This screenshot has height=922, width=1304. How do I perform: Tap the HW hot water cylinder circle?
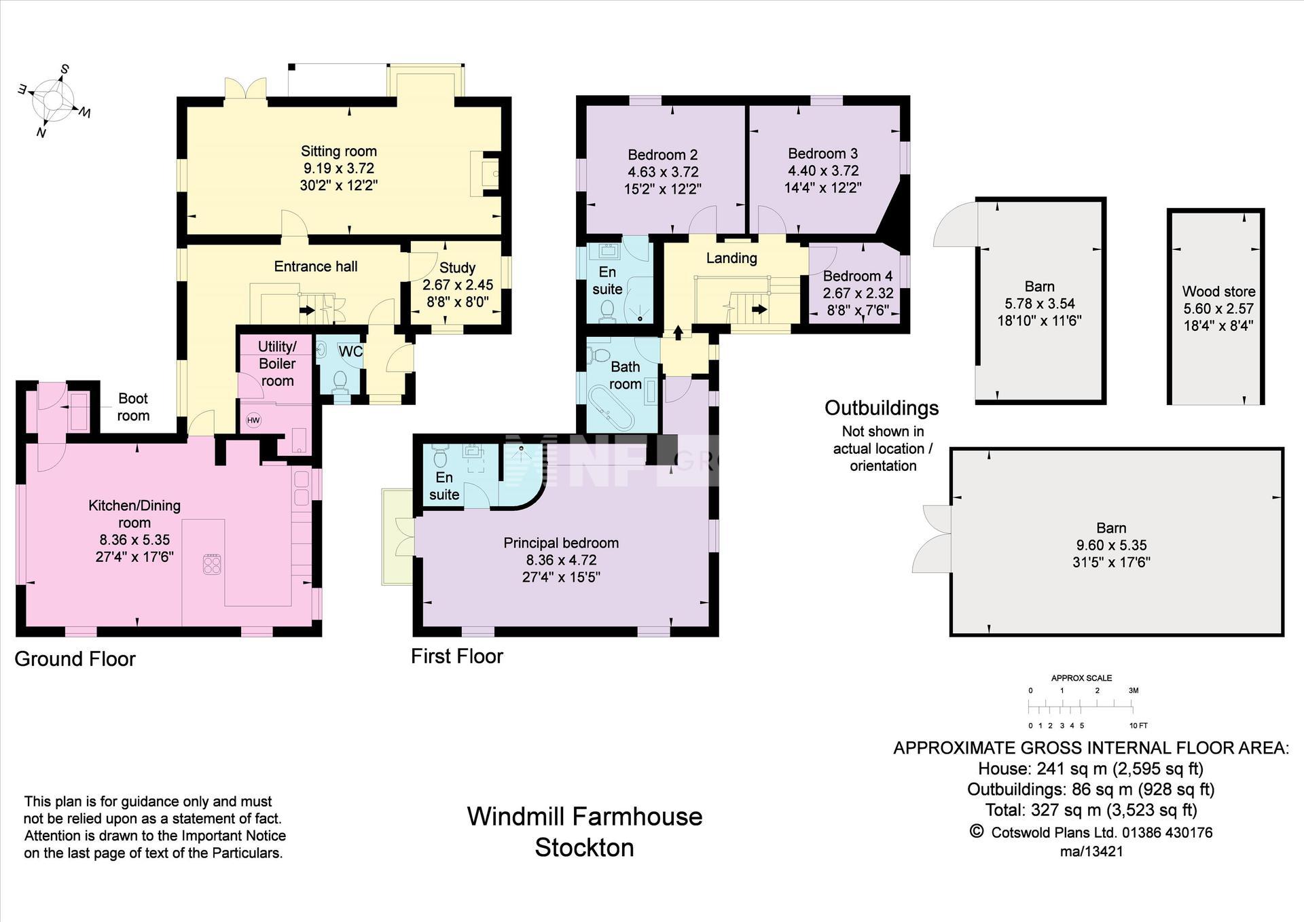coord(253,421)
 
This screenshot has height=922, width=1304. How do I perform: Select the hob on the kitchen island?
coord(212,564)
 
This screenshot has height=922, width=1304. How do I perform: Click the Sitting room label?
coord(339,152)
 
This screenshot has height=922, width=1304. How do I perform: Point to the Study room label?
coord(457,268)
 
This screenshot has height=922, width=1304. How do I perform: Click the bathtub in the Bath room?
coord(612,408)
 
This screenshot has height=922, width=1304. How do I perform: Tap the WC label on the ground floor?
coord(350,351)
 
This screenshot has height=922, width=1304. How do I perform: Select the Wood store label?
coord(1218,291)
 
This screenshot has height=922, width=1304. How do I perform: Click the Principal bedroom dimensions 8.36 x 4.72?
coord(561,561)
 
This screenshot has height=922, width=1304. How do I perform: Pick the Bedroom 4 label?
coord(858,276)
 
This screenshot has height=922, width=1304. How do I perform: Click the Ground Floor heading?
coord(75,659)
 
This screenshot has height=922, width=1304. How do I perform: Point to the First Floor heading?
coord(457,656)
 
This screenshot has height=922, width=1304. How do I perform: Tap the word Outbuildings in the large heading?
coord(882,408)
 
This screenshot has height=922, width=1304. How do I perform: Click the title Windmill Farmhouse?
coord(585,816)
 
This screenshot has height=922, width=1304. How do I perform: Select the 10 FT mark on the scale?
coord(1138,726)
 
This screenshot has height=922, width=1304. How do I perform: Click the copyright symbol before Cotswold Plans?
coord(977,831)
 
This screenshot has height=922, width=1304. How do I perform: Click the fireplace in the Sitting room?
coord(485,174)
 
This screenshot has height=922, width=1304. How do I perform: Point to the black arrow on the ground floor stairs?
coord(307,311)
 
